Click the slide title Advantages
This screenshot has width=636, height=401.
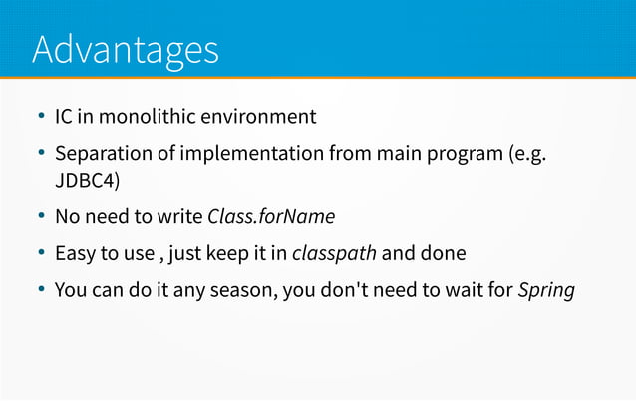126,49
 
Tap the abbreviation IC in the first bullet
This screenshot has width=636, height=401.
64,117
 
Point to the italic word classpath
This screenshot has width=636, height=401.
334,254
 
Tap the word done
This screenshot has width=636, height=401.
443,254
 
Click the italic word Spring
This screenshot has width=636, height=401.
546,291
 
